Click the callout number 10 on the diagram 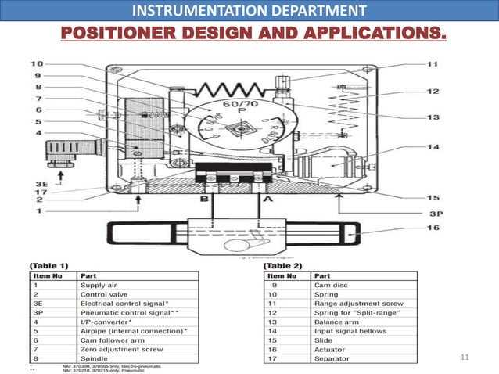[37, 63]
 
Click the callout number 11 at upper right [432, 63]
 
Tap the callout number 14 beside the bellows [432, 146]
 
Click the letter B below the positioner [205, 201]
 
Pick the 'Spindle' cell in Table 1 [93, 357]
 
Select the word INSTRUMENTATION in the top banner [188, 11]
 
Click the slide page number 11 [464, 358]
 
